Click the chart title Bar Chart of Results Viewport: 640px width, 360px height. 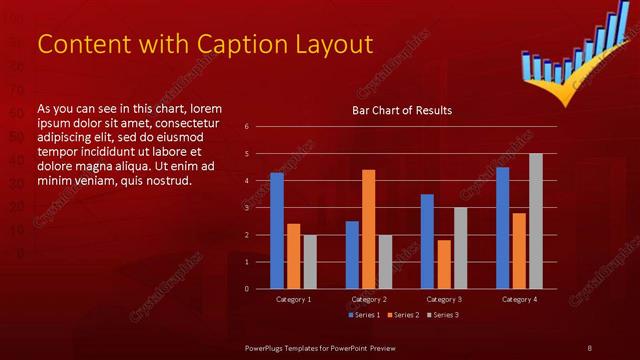pyautogui.click(x=401, y=110)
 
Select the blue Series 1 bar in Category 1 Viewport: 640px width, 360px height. pyautogui.click(x=277, y=230)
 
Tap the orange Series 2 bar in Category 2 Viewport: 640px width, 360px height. pyautogui.click(x=369, y=229)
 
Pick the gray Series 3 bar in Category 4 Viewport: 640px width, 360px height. pyautogui.click(x=536, y=221)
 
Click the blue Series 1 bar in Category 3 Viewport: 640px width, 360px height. pyautogui.click(x=427, y=241)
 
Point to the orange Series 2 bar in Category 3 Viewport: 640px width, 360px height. pyautogui.click(x=444, y=264)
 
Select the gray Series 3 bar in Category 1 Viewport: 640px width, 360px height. pyautogui.click(x=310, y=262)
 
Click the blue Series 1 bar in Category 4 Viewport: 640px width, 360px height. pyautogui.click(x=503, y=227)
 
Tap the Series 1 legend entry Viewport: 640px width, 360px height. pyautogui.click(x=363, y=315)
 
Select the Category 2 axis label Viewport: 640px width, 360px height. pyautogui.click(x=368, y=299)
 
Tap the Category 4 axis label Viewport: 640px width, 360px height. pyautogui.click(x=519, y=299)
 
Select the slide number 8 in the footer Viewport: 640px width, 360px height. pyautogui.click(x=589, y=347)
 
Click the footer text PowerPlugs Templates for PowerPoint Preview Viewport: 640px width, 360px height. pyautogui.click(x=320, y=347)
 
